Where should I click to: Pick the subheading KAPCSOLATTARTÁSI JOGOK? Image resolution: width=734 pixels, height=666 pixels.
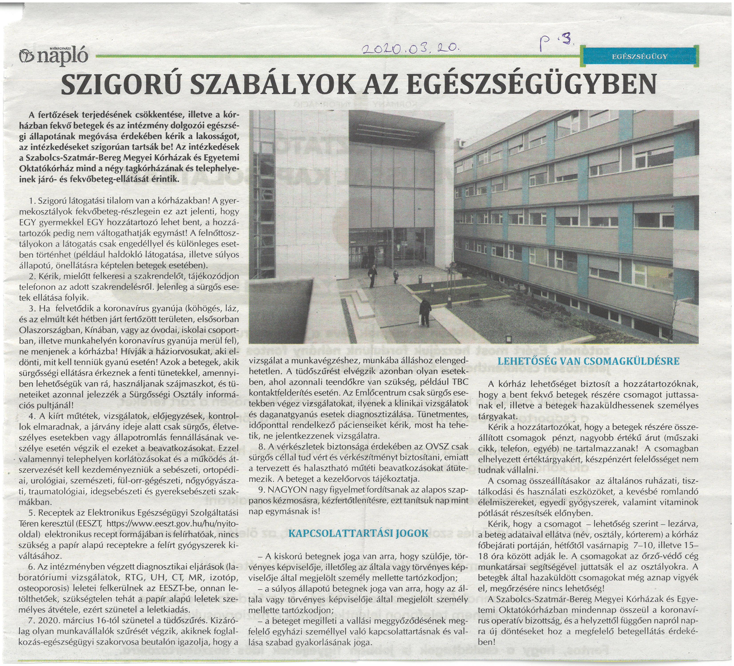(x=358, y=534)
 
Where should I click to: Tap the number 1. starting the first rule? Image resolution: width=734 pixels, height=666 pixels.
(x=31, y=201)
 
